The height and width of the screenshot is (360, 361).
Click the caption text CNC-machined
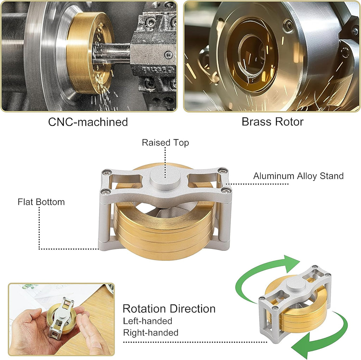click(x=88, y=122)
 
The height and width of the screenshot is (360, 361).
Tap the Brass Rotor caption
click(x=273, y=122)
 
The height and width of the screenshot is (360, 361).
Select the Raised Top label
click(x=165, y=142)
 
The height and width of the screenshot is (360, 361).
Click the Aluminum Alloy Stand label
click(x=298, y=176)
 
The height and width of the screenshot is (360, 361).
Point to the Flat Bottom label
click(x=41, y=202)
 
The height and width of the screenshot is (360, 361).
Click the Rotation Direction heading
click(x=169, y=309)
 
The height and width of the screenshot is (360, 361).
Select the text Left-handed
click(x=148, y=321)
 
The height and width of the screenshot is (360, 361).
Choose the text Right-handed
click(x=151, y=332)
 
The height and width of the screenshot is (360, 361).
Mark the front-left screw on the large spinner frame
click(x=106, y=191)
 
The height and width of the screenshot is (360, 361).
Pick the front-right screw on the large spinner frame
click(x=226, y=191)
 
